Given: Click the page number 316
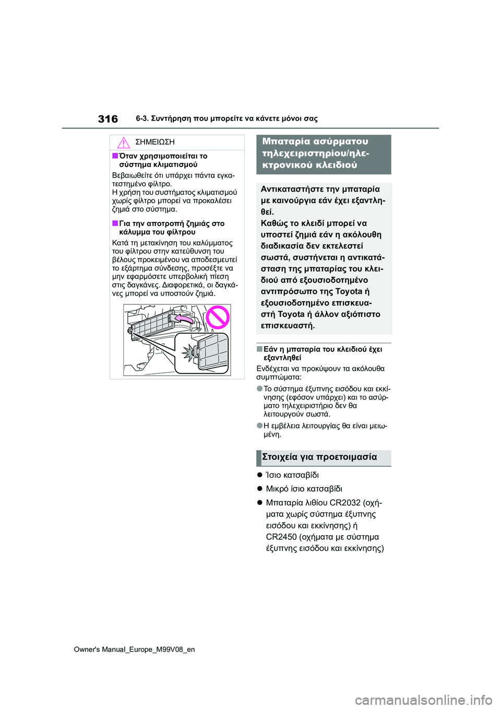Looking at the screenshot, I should pyautogui.click(x=108, y=119).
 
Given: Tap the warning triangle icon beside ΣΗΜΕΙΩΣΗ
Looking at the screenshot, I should pyautogui.click(x=123, y=143).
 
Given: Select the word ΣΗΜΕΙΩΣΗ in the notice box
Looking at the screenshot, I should pyautogui.click(x=154, y=142).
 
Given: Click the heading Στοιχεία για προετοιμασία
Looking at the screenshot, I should pyautogui.click(x=319, y=457).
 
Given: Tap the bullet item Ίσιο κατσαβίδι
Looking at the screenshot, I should pyautogui.click(x=292, y=475).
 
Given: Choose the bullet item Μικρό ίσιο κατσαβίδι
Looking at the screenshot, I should pyautogui.click(x=304, y=489).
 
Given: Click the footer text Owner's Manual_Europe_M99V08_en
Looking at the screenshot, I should pyautogui.click(x=134, y=649).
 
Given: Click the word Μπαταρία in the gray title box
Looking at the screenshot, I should pyautogui.click(x=285, y=141).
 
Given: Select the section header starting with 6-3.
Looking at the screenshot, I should pyautogui.click(x=226, y=119).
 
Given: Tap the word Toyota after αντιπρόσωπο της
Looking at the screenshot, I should pyautogui.click(x=349, y=291).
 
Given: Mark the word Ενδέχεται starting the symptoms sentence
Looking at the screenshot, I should pyautogui.click(x=273, y=369).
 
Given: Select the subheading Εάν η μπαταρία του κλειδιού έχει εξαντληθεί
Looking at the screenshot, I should pyautogui.click(x=323, y=353).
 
